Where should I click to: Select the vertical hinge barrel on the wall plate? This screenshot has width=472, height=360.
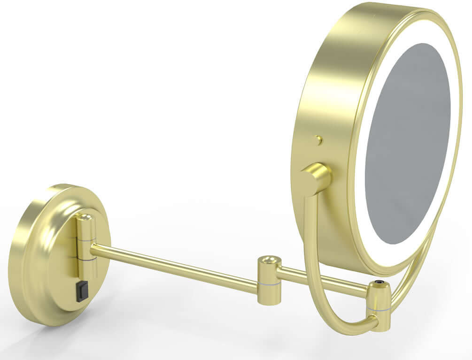coord(86,249)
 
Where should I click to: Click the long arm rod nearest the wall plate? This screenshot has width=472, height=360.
coord(174,266)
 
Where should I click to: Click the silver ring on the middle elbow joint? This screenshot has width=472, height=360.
coord(270,283)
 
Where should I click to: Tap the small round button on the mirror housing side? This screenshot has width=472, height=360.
coord(319,139)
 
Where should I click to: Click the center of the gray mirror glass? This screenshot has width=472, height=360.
coord(408,143)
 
